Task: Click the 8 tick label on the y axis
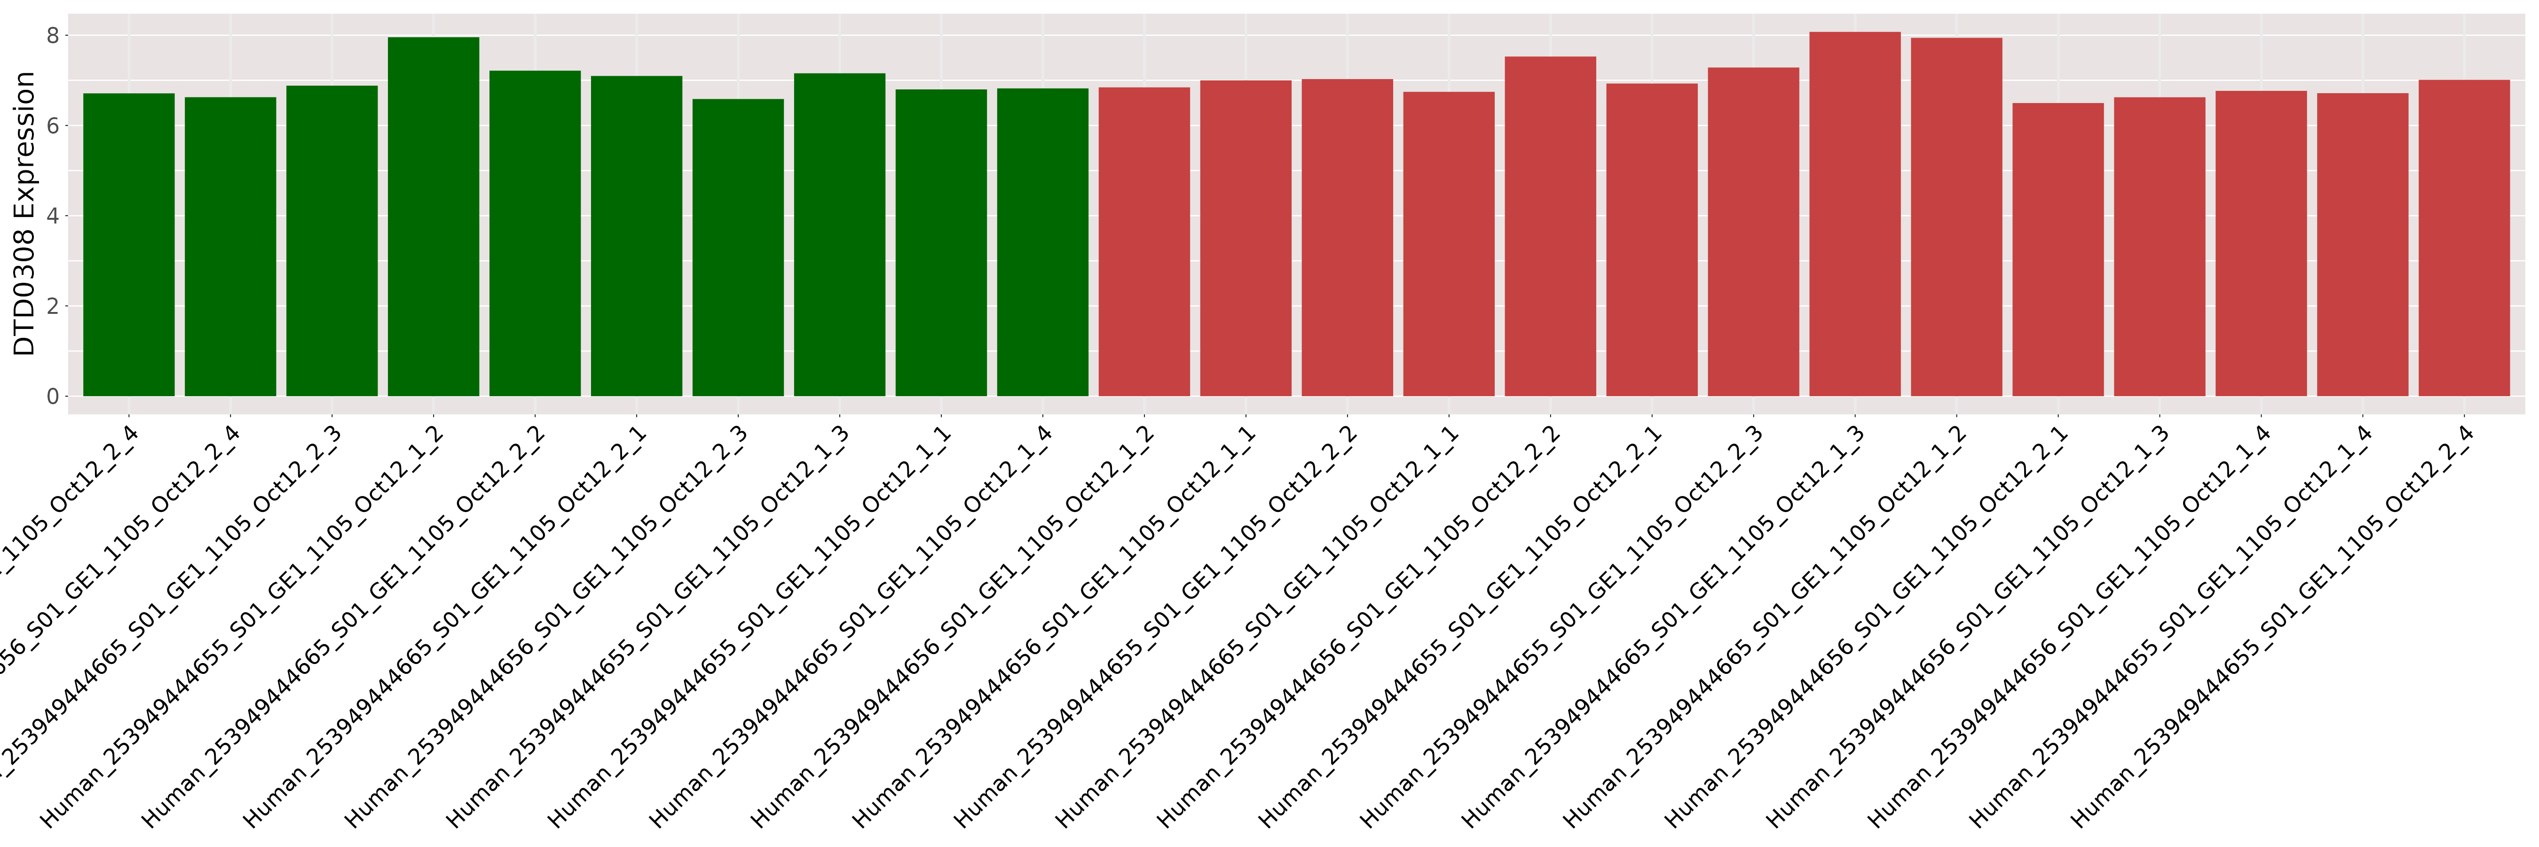click(52, 35)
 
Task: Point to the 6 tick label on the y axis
click(52, 125)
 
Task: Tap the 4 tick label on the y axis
click(52, 216)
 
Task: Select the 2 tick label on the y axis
click(52, 306)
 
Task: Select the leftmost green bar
click(129, 247)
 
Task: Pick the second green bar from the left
click(231, 247)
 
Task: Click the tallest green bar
click(434, 217)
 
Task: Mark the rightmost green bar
click(1043, 247)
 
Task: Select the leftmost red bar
click(1144, 247)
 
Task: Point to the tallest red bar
click(1855, 217)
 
